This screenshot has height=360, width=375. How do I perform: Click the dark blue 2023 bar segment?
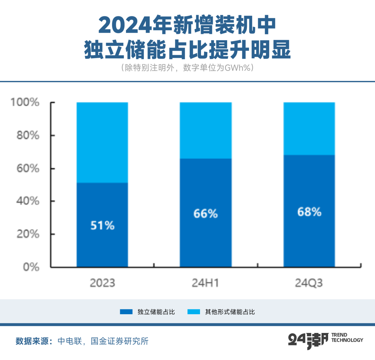pyautogui.click(x=102, y=243)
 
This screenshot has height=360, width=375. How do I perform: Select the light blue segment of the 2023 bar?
pyautogui.click(x=102, y=142)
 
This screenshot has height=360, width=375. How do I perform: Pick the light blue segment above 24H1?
pyautogui.click(x=206, y=130)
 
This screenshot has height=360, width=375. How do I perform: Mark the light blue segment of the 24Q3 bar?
pyautogui.click(x=309, y=128)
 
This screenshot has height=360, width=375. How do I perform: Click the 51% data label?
pyautogui.click(x=102, y=226)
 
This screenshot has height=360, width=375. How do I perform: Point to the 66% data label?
pyautogui.click(x=206, y=214)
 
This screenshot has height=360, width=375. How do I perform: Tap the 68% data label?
pyautogui.click(x=309, y=212)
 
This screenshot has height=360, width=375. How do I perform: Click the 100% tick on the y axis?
pyautogui.click(x=25, y=103)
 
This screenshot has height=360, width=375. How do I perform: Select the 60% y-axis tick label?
pyautogui.click(x=28, y=169)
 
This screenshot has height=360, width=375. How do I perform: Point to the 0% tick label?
pyautogui.click(x=31, y=267)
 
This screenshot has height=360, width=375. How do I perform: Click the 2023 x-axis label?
pyautogui.click(x=102, y=283)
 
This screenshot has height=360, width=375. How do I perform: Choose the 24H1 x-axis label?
pyautogui.click(x=206, y=283)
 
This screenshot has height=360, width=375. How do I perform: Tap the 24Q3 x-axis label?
pyautogui.click(x=309, y=283)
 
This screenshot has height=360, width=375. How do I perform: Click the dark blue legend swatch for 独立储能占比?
pyautogui.click(x=126, y=312)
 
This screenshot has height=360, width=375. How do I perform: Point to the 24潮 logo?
pyautogui.click(x=308, y=340)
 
